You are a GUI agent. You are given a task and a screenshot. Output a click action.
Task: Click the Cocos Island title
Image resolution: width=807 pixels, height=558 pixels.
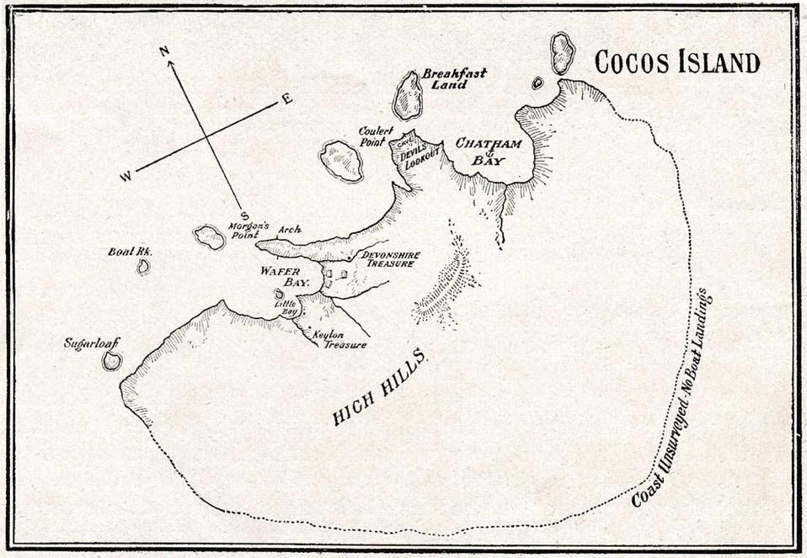[677, 62]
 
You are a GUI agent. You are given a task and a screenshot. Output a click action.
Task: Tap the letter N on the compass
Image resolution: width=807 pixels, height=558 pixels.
[165, 51]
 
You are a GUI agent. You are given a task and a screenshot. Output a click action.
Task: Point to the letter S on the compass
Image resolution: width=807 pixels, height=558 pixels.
[244, 215]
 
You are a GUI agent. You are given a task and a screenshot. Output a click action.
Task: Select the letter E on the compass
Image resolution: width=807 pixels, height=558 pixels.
[286, 99]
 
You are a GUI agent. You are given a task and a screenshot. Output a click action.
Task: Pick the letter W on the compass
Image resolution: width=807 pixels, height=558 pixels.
[126, 175]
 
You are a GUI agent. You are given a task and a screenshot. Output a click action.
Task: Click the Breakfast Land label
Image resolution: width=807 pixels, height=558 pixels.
[454, 79]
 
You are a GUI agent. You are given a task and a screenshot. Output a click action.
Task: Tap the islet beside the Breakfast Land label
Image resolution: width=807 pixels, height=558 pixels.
[409, 95]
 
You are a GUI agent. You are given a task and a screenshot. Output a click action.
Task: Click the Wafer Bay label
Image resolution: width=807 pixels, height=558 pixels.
[285, 277]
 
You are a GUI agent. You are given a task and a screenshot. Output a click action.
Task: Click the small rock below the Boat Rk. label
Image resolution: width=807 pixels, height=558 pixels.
[143, 267]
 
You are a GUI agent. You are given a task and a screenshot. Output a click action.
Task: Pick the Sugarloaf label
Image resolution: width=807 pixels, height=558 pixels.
[92, 343]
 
